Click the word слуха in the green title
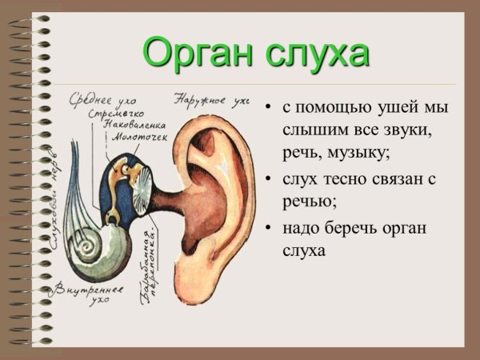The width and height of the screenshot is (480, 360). point(318,54)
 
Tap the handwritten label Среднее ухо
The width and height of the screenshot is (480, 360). point(103,101)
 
